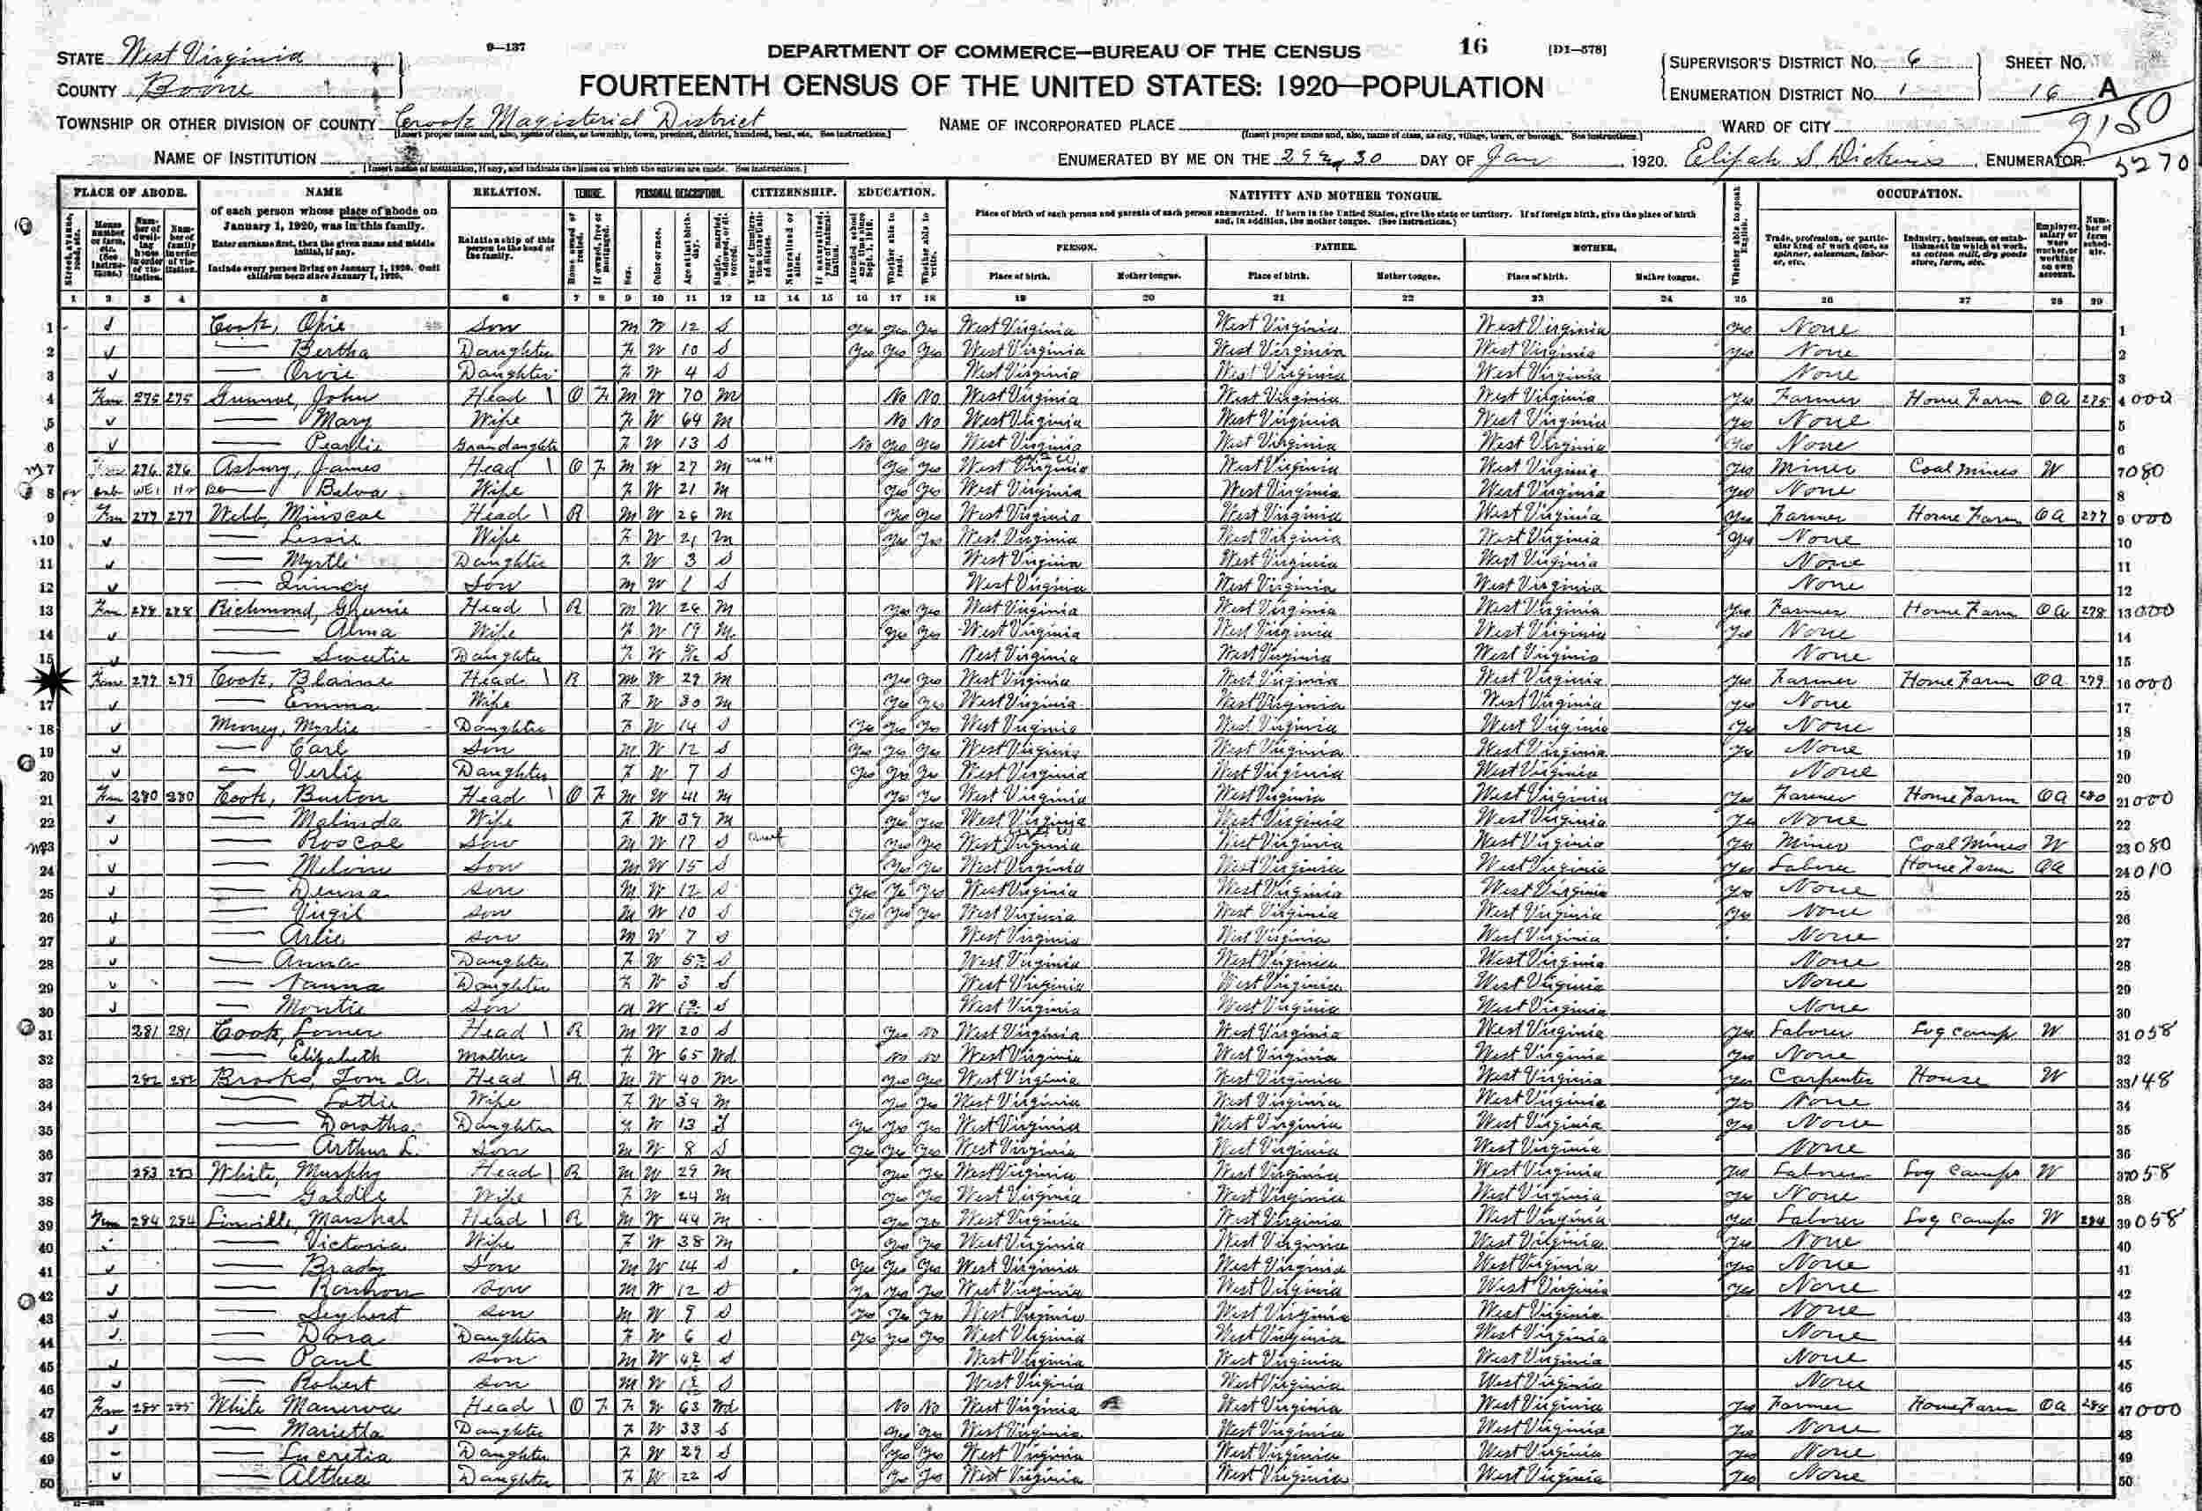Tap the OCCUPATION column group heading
click(x=1919, y=193)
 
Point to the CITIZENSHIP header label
click(x=794, y=192)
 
